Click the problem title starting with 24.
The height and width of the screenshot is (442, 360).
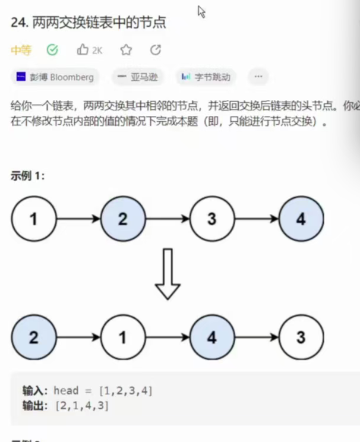point(89,23)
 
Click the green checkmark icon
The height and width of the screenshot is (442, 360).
point(52,50)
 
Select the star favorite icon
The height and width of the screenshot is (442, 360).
point(126,50)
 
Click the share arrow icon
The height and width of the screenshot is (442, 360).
point(156,50)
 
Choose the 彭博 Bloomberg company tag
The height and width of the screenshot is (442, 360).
point(55,77)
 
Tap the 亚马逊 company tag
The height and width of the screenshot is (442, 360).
point(138,77)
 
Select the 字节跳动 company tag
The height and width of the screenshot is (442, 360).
point(206,77)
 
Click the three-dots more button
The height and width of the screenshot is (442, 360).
point(258,77)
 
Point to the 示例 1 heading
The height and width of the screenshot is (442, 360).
point(27,176)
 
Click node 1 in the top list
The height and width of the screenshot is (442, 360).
point(34,219)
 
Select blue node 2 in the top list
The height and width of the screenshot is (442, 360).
point(123,219)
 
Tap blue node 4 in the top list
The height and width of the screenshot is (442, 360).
point(301,219)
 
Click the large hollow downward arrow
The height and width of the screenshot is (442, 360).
point(168,274)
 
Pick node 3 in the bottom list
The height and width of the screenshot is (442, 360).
point(301,338)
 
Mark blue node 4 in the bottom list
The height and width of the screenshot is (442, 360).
point(212,338)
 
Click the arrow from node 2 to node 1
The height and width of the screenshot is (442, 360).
point(78,338)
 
